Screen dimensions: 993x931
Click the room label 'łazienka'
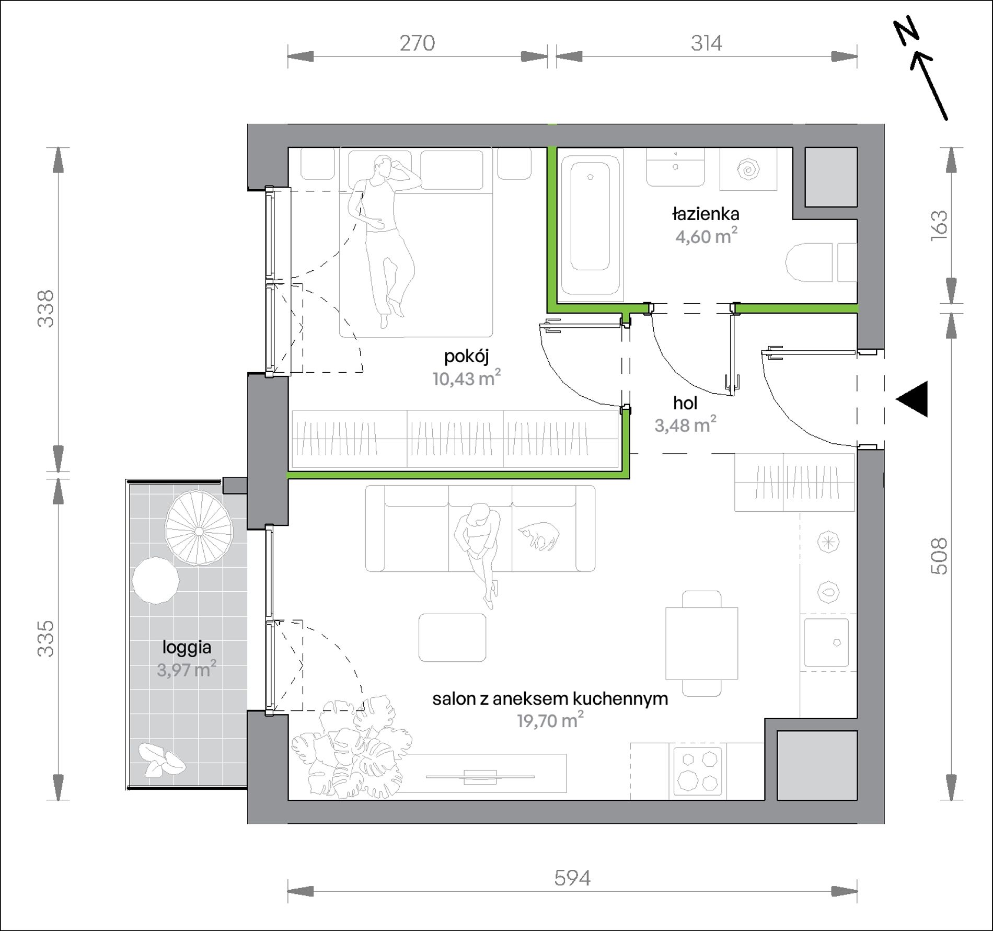click(706, 214)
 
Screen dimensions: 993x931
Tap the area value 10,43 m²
click(467, 378)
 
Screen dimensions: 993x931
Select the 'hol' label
click(685, 403)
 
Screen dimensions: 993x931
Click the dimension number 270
click(417, 43)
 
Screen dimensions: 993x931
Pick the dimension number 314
click(706, 43)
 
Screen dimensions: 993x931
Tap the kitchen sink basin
click(826, 642)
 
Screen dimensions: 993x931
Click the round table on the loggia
click(156, 580)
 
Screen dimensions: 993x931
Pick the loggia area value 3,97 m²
click(187, 670)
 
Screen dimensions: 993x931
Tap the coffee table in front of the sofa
click(453, 637)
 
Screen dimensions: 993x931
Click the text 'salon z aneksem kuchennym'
click(550, 699)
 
